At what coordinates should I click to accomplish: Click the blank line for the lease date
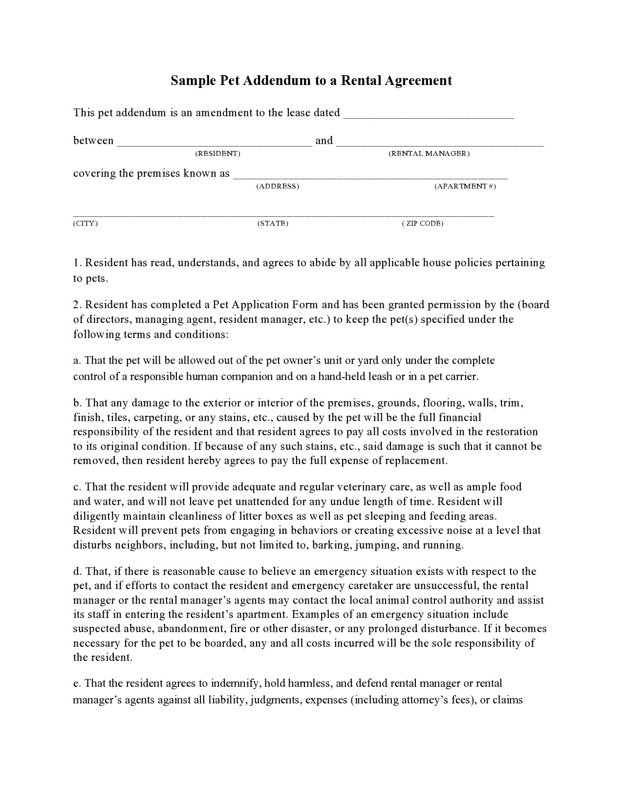(429, 116)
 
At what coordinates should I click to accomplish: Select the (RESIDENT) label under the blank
(218, 154)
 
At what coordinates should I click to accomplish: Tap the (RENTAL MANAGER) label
(429, 154)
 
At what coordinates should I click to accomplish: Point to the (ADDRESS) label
(278, 187)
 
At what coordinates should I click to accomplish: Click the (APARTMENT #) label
(465, 187)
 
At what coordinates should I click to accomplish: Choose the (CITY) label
(86, 224)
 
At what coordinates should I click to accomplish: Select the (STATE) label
(273, 224)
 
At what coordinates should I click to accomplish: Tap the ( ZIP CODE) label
(423, 224)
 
